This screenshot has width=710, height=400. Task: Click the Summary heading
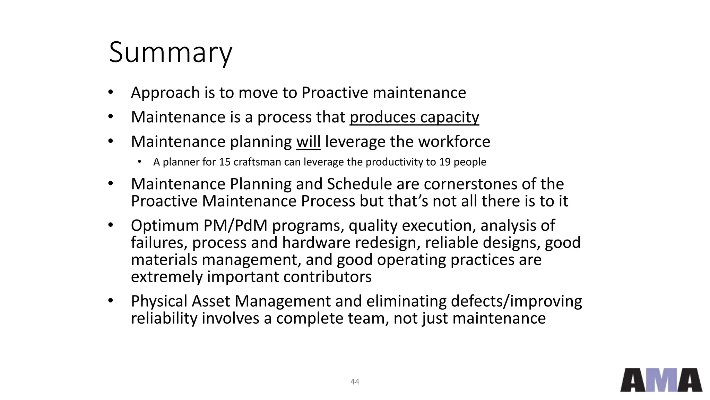coord(170,53)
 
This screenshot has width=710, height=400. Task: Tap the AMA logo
coord(661,380)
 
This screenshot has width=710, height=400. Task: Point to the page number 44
coord(355,382)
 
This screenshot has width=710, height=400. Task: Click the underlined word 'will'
coord(308,142)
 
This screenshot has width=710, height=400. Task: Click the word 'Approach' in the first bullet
coord(165,93)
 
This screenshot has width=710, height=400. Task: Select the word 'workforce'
coord(454,142)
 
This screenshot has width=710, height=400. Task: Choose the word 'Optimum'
coord(165,226)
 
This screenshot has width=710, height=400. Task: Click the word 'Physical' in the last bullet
coord(159,301)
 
